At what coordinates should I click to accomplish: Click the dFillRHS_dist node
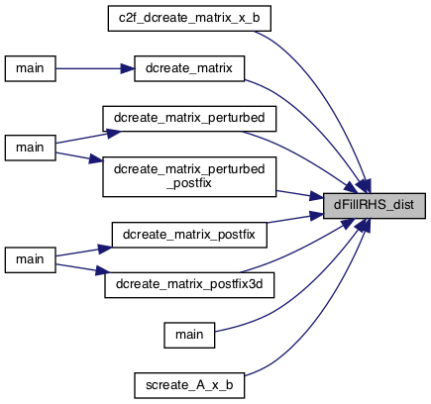coord(375,206)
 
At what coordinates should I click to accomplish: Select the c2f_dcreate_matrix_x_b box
coord(189,19)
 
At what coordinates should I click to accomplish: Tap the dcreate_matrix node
coord(189,68)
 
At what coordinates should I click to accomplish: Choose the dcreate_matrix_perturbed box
coord(189,119)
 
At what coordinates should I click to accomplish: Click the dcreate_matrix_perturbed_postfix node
coord(189,177)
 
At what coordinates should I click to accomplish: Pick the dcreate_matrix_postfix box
coord(189,235)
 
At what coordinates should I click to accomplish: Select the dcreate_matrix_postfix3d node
coord(189,285)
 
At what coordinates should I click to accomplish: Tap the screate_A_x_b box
coord(189,385)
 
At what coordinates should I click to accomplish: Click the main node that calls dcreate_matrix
coord(30,68)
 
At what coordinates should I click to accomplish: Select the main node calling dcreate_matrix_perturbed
coord(30,148)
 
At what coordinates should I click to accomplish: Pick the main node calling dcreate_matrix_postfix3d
coord(30,260)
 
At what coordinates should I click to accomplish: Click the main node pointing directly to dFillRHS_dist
coord(189,336)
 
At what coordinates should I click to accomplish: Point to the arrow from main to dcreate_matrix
coord(95,68)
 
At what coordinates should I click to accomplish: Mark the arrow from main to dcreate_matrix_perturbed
coord(88,137)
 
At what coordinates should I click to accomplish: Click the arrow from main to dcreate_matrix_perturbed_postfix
coord(79,157)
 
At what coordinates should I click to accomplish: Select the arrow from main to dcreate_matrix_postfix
coord(84,252)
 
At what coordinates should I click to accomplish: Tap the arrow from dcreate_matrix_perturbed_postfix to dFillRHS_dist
coord(300,195)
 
